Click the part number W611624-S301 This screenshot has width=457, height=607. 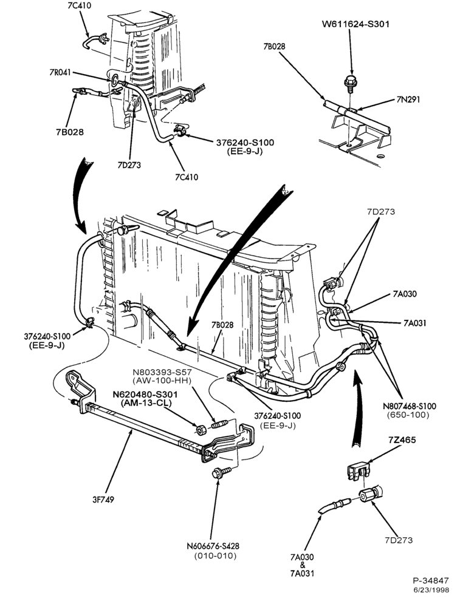click(x=356, y=24)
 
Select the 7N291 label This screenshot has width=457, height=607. click(x=408, y=99)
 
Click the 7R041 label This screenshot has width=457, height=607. click(x=60, y=72)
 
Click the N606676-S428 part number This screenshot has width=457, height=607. click(x=213, y=546)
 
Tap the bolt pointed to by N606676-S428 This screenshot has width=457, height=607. click(x=221, y=473)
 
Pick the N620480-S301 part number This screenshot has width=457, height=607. click(x=145, y=395)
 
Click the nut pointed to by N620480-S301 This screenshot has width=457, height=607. click(x=201, y=429)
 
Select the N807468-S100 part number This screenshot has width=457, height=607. click(x=410, y=406)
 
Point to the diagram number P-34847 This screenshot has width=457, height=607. click(x=430, y=581)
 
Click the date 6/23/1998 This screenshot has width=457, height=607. click(x=431, y=591)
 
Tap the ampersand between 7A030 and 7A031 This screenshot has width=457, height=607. click(x=303, y=565)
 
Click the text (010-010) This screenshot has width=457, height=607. click(x=215, y=556)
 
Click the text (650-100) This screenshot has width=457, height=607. click(x=408, y=415)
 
